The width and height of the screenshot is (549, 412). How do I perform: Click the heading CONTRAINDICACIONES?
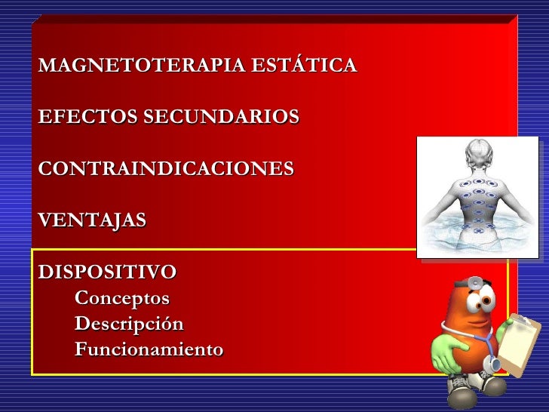[x=167, y=168]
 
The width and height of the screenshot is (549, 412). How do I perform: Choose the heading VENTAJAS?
[x=93, y=221]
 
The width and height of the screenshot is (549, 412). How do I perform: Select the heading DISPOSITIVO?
[x=108, y=271]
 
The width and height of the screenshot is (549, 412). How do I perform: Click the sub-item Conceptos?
[x=122, y=298]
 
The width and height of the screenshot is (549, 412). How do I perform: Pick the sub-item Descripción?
[x=129, y=324]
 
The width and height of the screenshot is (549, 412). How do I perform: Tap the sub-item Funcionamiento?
[x=149, y=351]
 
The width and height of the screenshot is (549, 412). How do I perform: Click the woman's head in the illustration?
[x=477, y=155]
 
